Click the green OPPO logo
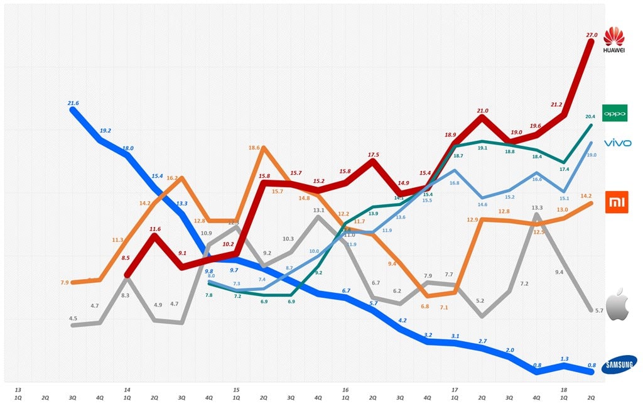(614, 113)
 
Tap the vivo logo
(617, 143)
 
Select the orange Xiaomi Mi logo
(616, 202)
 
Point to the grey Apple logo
(616, 305)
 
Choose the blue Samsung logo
(618, 365)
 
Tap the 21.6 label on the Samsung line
(73, 103)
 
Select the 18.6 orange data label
(254, 147)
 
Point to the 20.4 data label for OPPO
(591, 116)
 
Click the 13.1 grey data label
(318, 211)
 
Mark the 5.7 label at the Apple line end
(599, 310)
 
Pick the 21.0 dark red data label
(482, 111)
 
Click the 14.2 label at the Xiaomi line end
(586, 195)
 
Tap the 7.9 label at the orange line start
(64, 282)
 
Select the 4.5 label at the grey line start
(73, 318)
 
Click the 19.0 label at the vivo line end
(591, 155)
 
